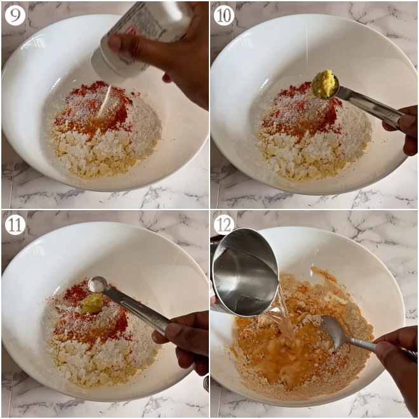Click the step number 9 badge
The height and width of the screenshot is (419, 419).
[x=15, y=15]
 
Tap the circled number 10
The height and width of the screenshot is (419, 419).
[x=223, y=15]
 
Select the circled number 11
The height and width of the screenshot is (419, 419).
[x=15, y=224]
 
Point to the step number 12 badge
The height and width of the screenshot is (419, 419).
[x=223, y=224]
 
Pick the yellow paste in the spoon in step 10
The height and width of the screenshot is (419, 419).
[x=324, y=84]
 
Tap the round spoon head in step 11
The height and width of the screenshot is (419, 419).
[x=98, y=284]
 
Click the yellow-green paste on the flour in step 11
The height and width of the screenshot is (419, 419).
[x=92, y=304]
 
